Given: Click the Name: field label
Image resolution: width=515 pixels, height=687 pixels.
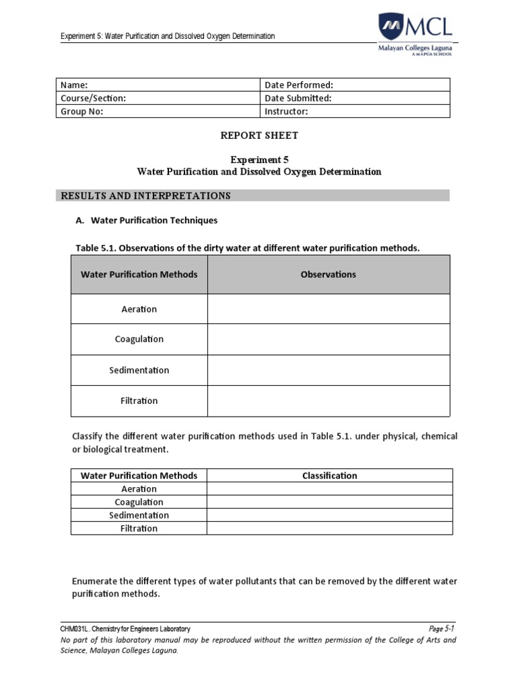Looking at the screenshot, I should pos(74,85).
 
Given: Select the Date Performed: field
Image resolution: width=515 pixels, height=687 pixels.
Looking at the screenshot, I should pos(299,85).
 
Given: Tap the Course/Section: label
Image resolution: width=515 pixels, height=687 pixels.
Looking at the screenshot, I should pos(93,99).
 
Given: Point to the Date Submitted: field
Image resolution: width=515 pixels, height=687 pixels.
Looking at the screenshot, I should pos(298,99).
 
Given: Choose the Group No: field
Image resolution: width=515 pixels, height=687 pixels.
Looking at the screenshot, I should pos(82,112).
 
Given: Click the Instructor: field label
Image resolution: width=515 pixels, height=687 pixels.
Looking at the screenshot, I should pos(286,112).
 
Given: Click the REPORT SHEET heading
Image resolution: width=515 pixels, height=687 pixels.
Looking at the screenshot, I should pos(260,136).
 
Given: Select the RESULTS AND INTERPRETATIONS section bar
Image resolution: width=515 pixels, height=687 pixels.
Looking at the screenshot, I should pos(252,196).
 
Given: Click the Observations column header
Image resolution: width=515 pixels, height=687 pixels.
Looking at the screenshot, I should pos(329,274).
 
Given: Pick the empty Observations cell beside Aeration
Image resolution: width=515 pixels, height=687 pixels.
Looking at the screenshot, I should pos(329,309).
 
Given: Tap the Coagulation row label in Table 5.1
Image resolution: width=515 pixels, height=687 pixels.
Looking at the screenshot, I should pos(139,339).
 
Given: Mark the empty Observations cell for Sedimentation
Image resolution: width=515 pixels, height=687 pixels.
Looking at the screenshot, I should pos(329,370).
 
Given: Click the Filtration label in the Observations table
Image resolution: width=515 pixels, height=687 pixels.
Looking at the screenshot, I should pos(139,401).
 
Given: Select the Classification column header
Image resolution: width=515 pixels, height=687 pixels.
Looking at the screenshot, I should pos(329,476).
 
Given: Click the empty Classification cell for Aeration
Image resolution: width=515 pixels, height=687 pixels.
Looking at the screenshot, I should pos(329,489).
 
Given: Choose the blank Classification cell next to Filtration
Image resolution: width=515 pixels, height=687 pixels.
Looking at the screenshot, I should pos(329,529).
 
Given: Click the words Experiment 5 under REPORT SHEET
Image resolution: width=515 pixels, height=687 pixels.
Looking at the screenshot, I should pos(259,160).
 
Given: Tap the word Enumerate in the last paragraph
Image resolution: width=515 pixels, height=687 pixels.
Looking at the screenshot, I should pos(94,582).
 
